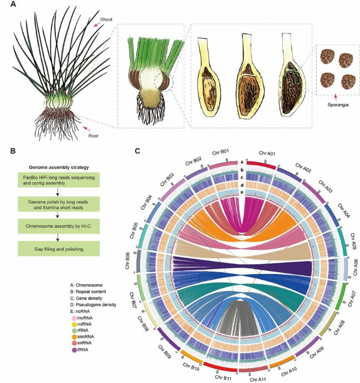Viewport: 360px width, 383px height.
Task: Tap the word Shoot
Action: (106, 19)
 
